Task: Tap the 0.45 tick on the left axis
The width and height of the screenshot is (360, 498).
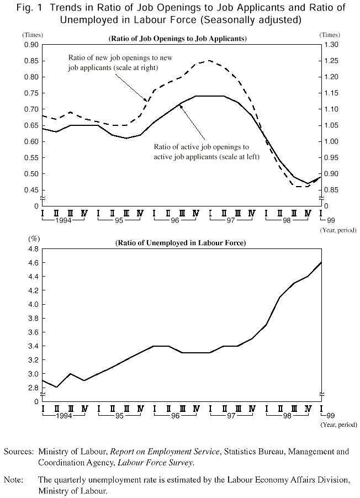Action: (x=31, y=190)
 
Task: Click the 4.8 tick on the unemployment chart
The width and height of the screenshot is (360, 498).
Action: (x=33, y=249)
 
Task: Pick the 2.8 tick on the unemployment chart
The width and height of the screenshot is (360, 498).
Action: (x=33, y=388)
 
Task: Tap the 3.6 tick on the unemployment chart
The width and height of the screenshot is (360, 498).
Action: (x=33, y=332)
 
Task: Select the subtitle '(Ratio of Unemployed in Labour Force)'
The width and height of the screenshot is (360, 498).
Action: (x=180, y=243)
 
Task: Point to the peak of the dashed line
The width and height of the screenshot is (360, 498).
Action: (x=209, y=61)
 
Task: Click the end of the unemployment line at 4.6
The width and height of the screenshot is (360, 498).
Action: (x=321, y=263)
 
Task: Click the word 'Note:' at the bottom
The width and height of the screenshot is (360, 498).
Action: (x=14, y=479)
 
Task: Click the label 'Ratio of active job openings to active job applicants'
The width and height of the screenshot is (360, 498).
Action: (x=202, y=152)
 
